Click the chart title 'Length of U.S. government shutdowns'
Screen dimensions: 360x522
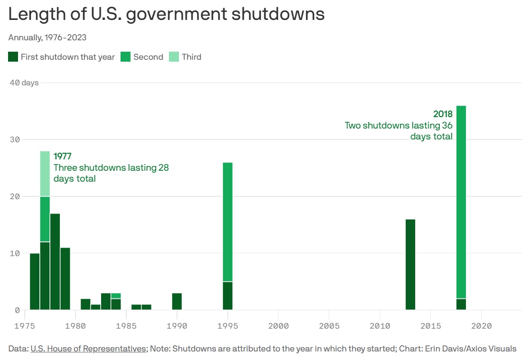click(167, 14)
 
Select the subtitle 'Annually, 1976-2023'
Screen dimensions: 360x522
click(47, 37)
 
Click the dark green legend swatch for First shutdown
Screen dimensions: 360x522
click(13, 57)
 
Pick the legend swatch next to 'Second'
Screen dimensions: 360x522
click(126, 57)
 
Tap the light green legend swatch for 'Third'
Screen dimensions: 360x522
click(174, 57)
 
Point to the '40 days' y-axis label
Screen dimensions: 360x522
click(24, 83)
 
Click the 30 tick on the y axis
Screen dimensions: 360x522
click(15, 139)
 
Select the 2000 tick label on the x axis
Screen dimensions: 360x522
click(278, 326)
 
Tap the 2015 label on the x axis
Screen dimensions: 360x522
click(430, 326)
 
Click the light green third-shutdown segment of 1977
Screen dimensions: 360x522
click(45, 174)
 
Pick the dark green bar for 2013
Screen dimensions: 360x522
click(410, 265)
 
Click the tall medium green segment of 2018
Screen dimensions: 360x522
click(461, 202)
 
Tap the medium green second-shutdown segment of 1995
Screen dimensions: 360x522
click(228, 222)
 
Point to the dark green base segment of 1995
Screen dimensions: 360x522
click(228, 296)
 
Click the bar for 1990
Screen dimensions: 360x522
click(177, 302)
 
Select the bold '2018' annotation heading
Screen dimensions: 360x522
click(443, 114)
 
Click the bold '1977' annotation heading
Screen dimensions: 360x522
click(63, 156)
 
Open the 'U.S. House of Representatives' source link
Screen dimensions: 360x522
click(88, 349)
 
